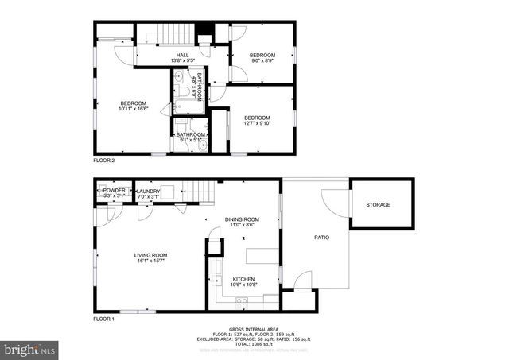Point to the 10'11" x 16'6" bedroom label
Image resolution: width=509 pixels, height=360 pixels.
click(x=133, y=106)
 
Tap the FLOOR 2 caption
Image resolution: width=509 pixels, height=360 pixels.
click(x=104, y=161)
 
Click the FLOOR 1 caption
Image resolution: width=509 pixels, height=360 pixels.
click(x=104, y=318)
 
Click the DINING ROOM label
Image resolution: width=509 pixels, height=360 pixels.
click(x=243, y=222)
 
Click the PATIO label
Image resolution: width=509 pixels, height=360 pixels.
click(x=321, y=237)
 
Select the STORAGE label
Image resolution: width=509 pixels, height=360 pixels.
click(x=378, y=205)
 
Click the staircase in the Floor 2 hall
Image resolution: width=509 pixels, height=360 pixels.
click(x=177, y=34)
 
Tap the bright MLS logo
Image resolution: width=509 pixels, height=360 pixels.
click(x=30, y=349)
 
